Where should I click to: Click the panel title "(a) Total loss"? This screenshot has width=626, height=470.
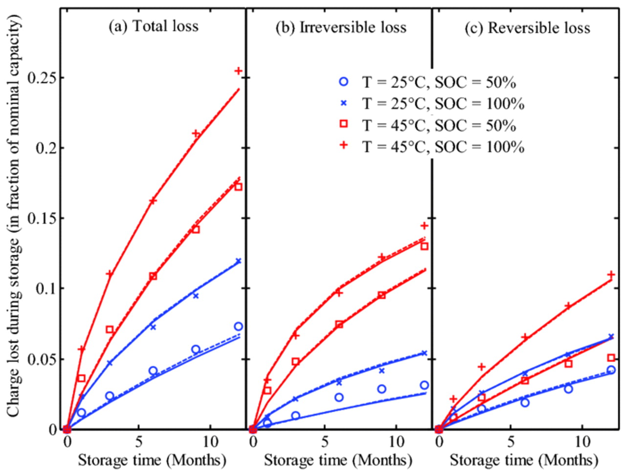coord(153,26)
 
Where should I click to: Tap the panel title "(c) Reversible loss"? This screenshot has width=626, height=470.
coord(527,28)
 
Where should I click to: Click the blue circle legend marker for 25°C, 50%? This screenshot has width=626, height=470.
coord(344,82)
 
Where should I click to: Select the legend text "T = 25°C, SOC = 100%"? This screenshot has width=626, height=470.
coord(443,104)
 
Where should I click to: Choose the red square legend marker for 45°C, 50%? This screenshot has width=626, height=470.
coord(344,124)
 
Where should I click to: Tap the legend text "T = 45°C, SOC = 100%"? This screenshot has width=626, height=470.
coord(443,146)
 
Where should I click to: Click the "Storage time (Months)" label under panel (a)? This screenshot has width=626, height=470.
coord(152,460)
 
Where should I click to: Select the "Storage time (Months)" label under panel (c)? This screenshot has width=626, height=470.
coord(524,460)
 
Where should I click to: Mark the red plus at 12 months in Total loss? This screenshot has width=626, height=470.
coord(238,71)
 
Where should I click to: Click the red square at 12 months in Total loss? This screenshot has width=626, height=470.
coord(238,187)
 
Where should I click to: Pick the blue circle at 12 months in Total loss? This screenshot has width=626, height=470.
coord(238,327)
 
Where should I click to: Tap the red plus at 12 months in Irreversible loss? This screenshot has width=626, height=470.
coord(425,226)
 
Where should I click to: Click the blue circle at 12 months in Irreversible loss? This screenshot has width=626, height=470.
coord(424,385)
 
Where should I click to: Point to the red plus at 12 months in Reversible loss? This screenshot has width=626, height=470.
coord(611,275)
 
